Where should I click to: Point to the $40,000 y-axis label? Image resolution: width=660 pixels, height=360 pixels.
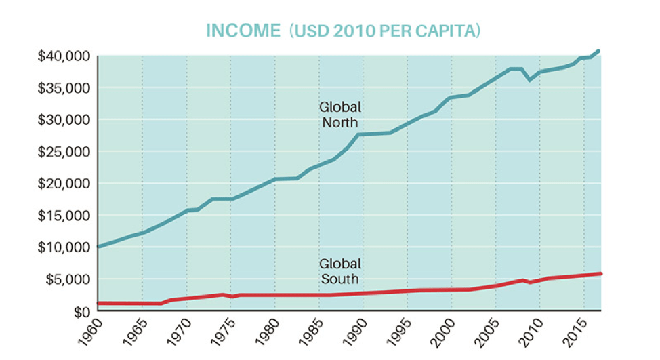point(63,56)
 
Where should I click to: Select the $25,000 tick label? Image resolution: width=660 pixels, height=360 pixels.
point(63,152)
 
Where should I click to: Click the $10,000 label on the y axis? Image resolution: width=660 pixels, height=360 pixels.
point(63,247)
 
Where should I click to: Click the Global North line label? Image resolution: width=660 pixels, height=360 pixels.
point(339,115)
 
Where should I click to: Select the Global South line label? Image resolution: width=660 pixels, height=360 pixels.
point(339,271)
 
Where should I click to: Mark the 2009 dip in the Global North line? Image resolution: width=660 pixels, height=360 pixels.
point(531,80)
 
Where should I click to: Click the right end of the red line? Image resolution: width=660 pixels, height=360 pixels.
point(600,273)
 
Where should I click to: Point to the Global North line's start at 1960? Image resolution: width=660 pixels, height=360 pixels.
point(99,247)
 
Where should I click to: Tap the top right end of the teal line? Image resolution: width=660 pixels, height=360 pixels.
point(599,51)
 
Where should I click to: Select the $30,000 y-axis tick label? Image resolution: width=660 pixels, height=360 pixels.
point(63,120)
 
